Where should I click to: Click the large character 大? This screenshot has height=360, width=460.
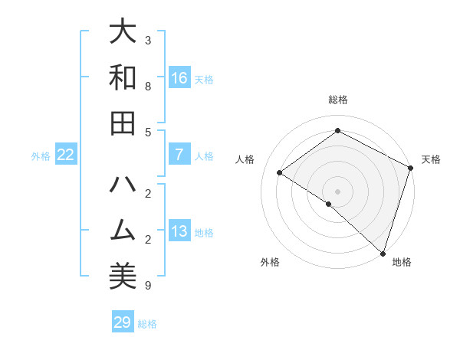(123, 33)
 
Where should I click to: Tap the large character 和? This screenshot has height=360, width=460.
(123, 78)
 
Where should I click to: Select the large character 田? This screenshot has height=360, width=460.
(123, 123)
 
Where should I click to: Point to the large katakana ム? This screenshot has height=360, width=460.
(123, 231)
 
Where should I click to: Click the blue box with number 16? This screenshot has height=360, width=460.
(179, 78)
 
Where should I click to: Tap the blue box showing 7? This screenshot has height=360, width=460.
(179, 155)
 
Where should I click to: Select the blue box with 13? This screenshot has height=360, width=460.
(179, 231)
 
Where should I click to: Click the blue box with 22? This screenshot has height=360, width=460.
(66, 155)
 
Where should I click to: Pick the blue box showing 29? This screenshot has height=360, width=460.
(123, 322)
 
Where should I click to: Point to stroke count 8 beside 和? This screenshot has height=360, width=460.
(148, 86)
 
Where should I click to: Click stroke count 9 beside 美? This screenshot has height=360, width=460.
(148, 286)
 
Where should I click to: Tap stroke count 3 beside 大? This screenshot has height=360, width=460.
(148, 40)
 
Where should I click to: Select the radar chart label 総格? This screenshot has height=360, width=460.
(338, 100)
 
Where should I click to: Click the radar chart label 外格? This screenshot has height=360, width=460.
(270, 262)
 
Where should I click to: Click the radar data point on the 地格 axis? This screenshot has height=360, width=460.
(383, 252)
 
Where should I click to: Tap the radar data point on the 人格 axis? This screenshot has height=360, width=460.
(280, 172)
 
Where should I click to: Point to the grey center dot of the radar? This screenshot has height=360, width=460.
(338, 191)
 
